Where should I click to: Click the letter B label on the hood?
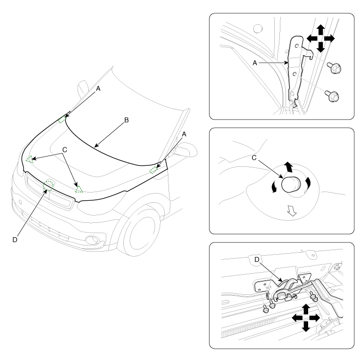point(126,120)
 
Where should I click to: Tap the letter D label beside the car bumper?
point(15,240)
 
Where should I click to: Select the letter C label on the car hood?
point(65,150)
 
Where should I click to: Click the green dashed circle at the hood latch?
point(49,185)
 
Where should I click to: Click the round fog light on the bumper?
point(92,240)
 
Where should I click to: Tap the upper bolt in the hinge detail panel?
point(334,68)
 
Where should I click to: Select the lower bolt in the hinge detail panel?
point(332,96)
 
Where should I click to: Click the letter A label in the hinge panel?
point(255,63)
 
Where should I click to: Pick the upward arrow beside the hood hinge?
point(320,30)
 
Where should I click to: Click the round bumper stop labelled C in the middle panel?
point(291,184)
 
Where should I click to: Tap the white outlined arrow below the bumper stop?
point(292,211)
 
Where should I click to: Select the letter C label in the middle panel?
point(254,158)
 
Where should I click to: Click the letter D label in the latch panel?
point(257,260)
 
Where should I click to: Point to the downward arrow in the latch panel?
point(306,327)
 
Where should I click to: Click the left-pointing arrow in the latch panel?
point(297,318)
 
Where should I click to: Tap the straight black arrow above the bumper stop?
point(288,167)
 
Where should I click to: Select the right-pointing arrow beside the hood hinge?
point(330,39)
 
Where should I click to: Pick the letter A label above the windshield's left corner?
point(98,89)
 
